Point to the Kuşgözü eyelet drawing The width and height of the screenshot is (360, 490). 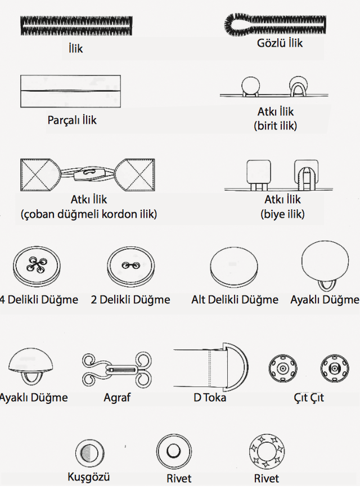pos(90,453)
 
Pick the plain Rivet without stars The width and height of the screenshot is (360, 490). pos(173,452)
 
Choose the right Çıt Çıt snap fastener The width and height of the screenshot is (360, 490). pos(334,369)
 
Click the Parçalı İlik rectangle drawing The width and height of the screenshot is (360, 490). pos(71,91)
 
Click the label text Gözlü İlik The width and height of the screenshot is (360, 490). pos(280,42)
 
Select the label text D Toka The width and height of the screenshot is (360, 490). pos(210,398)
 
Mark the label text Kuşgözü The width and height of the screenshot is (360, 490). pos(89,477)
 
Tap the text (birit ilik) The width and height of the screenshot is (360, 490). pos(276,125)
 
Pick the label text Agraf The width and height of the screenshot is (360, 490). pos(117,398)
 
